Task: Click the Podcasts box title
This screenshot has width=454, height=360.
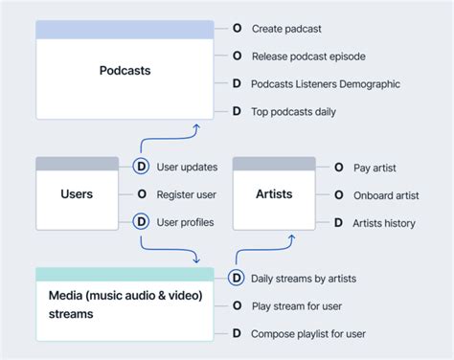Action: tap(125, 71)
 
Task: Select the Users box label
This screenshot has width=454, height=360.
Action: tap(77, 194)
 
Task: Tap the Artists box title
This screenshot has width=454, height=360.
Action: tap(274, 194)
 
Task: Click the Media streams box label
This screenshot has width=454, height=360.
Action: tap(125, 304)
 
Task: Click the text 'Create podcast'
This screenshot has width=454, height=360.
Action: tap(287, 29)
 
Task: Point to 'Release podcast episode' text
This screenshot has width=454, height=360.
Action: tap(307, 56)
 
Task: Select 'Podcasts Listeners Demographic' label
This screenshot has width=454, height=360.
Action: tap(325, 84)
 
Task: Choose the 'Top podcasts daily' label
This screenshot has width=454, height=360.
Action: tap(293, 112)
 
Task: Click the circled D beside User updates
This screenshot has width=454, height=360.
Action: tap(141, 168)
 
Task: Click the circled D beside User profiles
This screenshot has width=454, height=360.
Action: tap(141, 222)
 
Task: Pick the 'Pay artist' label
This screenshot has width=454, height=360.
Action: tap(375, 168)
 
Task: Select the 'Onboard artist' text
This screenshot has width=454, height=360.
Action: tap(386, 195)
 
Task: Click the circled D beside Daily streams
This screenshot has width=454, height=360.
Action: tap(236, 279)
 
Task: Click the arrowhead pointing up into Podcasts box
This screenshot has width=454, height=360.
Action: tap(195, 125)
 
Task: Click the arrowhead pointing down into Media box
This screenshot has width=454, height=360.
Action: tap(195, 259)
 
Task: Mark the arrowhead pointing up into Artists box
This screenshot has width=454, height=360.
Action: tap(258, 237)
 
